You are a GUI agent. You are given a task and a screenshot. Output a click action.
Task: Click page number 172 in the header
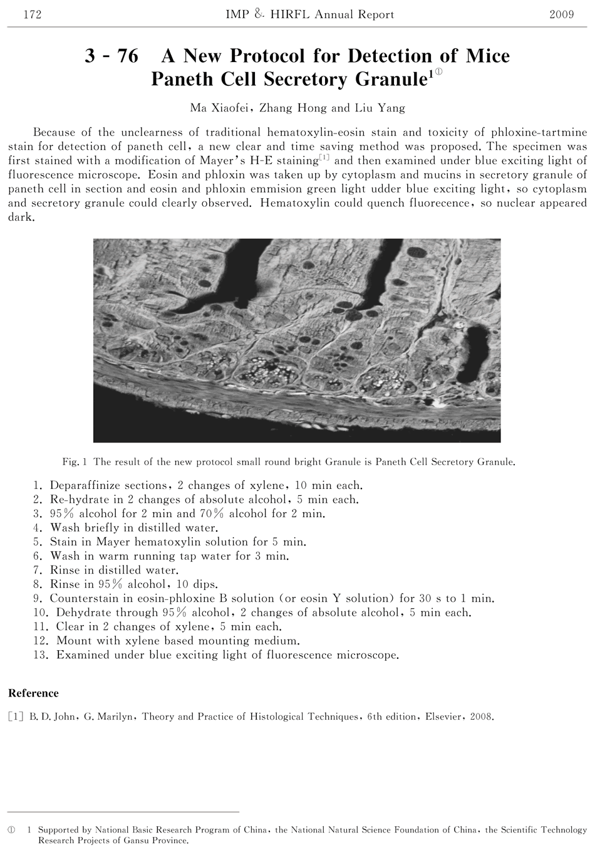coord(31,14)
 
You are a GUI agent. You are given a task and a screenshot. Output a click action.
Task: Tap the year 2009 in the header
coord(561,14)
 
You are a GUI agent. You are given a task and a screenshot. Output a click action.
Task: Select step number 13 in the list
coord(41,655)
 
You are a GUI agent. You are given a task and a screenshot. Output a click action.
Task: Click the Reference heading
coord(33,693)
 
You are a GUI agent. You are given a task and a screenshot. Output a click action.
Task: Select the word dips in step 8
coord(205,584)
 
